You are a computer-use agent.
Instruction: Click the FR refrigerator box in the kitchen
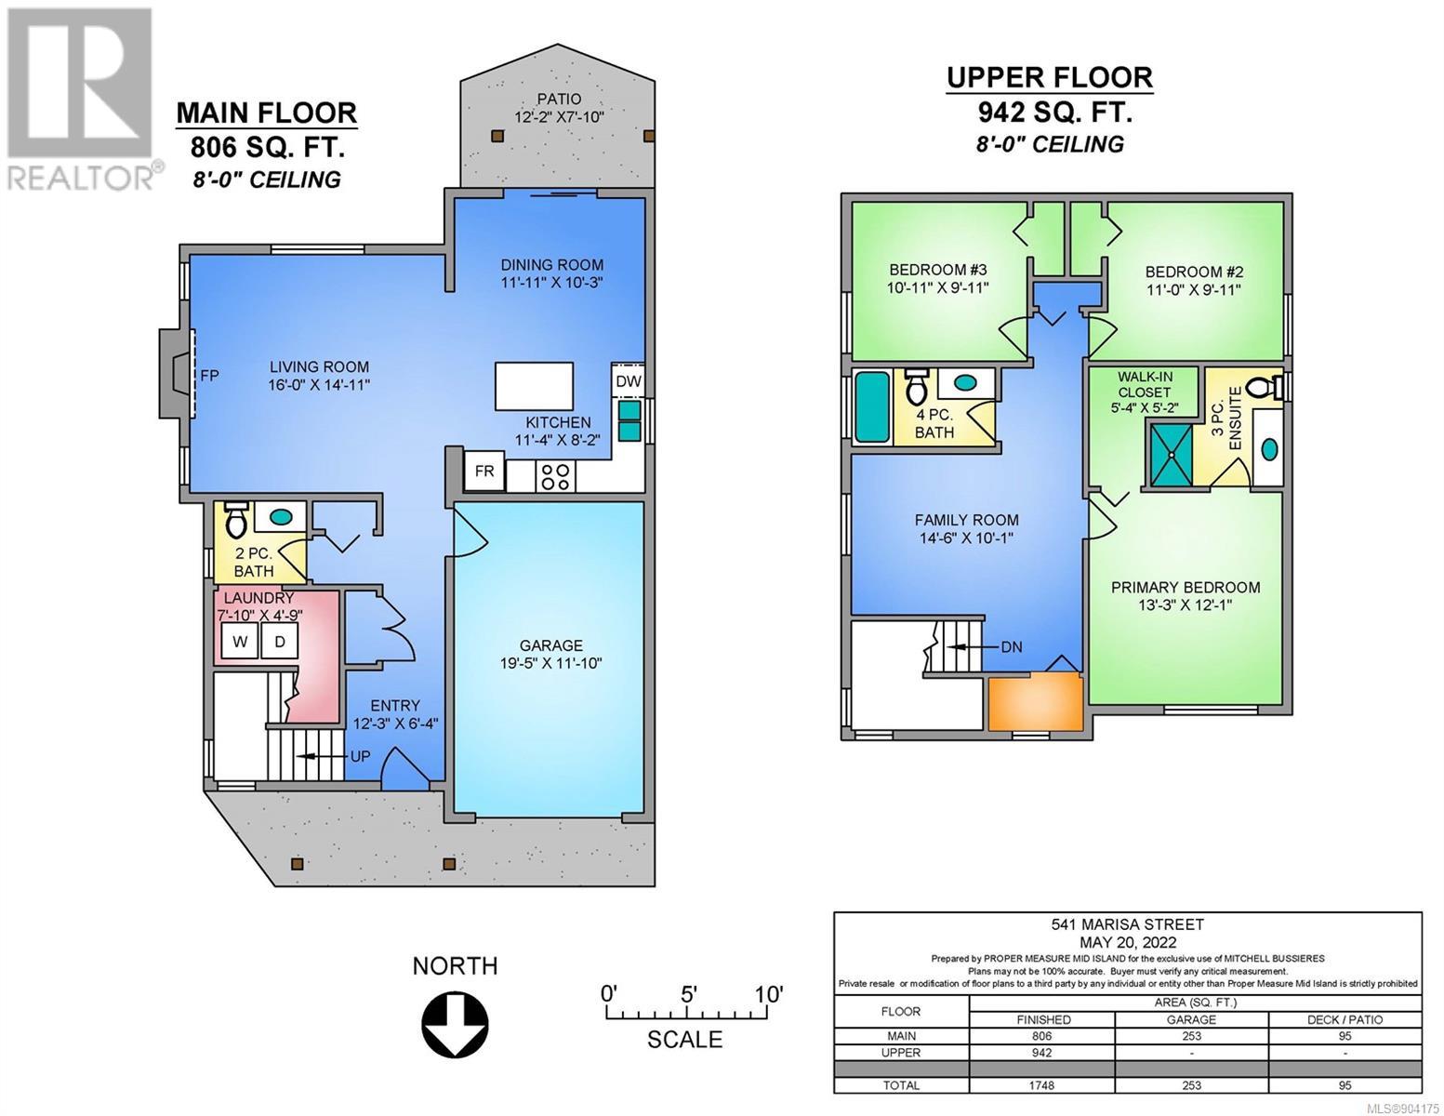(484, 472)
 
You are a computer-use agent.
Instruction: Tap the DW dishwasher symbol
(628, 381)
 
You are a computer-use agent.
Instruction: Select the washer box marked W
(240, 642)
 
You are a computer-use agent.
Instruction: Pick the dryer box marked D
(279, 642)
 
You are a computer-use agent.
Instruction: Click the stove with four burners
(555, 476)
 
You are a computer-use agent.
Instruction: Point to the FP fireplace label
(209, 376)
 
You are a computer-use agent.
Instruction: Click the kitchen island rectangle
(534, 386)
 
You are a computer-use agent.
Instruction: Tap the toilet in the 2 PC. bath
(236, 519)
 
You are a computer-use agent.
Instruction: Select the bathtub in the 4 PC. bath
(872, 407)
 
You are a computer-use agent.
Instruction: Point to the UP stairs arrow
(314, 756)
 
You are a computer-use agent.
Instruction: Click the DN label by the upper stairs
(1012, 646)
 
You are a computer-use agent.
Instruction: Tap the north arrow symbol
(456, 1025)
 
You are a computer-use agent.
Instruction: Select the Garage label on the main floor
(550, 644)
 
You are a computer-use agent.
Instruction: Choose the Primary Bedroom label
(1186, 587)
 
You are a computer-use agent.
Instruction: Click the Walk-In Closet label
(1145, 384)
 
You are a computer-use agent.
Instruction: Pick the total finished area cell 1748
(1042, 1085)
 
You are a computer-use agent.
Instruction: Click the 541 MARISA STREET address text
(1128, 923)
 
